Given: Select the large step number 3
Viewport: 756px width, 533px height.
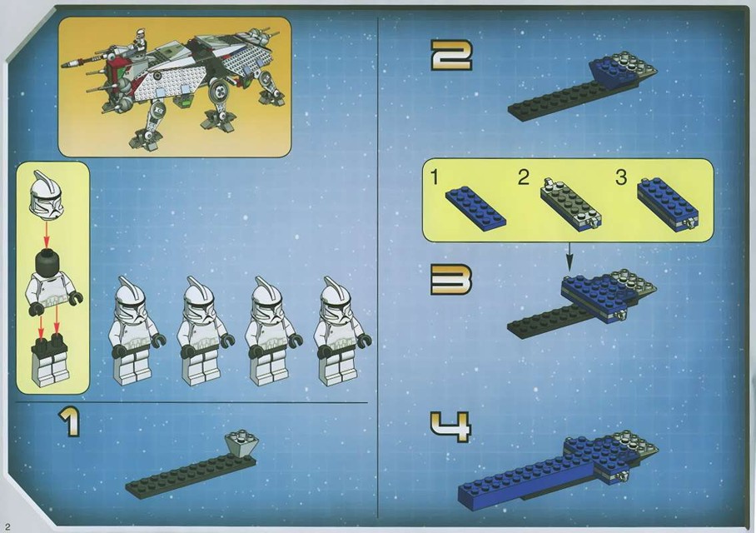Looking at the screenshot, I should [x=450, y=281].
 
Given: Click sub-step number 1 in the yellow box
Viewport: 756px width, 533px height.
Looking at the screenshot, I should [x=434, y=177].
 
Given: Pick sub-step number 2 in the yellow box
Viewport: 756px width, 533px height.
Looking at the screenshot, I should [x=523, y=177].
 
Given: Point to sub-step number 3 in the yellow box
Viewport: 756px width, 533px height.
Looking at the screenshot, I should [x=621, y=177].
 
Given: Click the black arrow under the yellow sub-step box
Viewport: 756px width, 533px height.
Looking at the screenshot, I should [x=569, y=254].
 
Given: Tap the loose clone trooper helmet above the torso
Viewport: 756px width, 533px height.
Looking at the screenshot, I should [x=43, y=194].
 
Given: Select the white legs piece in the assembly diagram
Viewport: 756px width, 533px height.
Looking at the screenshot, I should [x=49, y=361].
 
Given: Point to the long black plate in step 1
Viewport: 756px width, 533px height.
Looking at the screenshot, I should [x=179, y=476].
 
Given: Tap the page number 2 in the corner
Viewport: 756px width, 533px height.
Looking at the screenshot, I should [x=6, y=525].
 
